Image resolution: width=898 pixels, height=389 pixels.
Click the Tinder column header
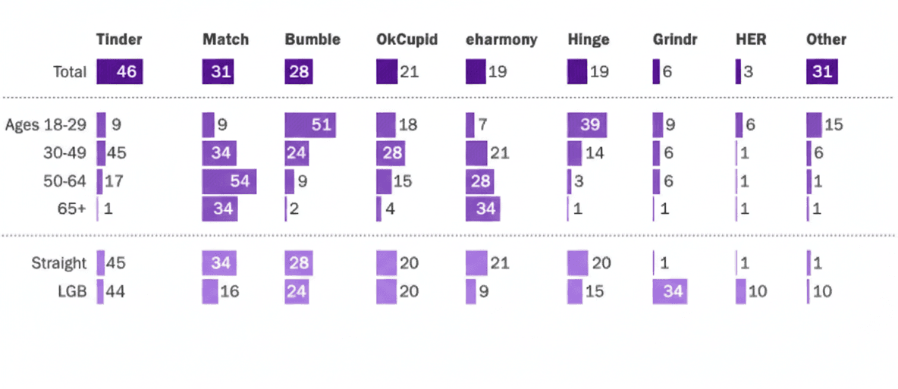click(x=119, y=39)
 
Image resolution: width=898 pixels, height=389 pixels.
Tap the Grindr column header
click(x=674, y=39)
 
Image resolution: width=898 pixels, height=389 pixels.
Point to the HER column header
click(x=750, y=39)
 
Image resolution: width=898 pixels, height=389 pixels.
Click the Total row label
click(x=70, y=73)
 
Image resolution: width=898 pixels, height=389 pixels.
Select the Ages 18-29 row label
click(x=46, y=125)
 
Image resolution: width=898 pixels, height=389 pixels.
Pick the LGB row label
click(x=72, y=291)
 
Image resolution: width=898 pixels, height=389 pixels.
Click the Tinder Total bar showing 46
click(x=120, y=73)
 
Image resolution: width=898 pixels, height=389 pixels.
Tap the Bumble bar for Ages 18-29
click(x=310, y=125)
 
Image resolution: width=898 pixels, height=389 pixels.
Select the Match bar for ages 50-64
click(x=229, y=181)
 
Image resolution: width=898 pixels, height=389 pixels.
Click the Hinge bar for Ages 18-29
click(x=588, y=125)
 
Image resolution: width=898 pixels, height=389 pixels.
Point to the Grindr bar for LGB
click(x=670, y=291)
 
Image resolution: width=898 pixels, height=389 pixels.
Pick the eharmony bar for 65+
click(x=482, y=209)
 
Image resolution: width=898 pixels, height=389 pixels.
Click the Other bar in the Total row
click(x=821, y=73)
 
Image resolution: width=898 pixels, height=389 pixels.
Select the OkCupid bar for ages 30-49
click(x=393, y=153)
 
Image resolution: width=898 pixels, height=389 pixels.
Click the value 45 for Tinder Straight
click(x=115, y=264)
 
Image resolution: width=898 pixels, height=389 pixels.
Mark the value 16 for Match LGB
click(x=229, y=291)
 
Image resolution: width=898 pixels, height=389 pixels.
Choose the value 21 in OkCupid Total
click(x=409, y=73)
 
